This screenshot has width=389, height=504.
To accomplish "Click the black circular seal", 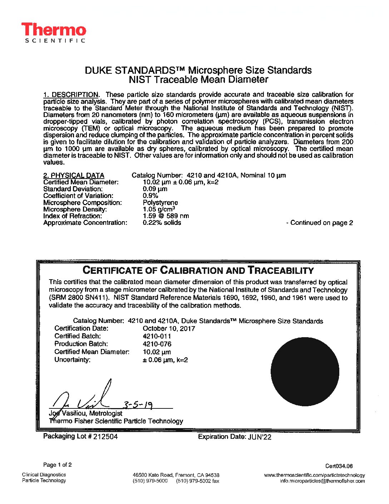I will pyautogui.click(x=305, y=372).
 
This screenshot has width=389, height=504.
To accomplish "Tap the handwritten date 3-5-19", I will pyautogui.click(x=138, y=404).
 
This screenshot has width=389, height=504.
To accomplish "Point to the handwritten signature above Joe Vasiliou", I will pyautogui.click(x=82, y=397).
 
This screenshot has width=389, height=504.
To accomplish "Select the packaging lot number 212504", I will pyautogui.click(x=105, y=436).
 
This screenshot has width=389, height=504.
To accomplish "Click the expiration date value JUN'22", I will pyautogui.click(x=260, y=437).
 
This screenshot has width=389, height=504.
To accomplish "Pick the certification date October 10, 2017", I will pyautogui.click(x=169, y=328).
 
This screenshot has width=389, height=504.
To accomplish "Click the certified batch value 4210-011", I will pyautogui.click(x=157, y=336).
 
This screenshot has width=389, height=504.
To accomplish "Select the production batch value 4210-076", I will pyautogui.click(x=157, y=344).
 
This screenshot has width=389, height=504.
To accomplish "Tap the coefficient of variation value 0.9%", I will pyautogui.click(x=150, y=195).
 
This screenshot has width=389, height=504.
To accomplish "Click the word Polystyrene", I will pyautogui.click(x=160, y=202).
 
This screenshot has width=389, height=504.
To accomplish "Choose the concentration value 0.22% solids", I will pyautogui.click(x=162, y=223).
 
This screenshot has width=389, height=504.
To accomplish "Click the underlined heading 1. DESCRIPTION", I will pyautogui.click(x=71, y=94).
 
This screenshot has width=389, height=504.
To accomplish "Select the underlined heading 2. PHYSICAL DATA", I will pyautogui.click(x=74, y=175).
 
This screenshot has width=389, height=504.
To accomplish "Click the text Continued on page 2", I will pyautogui.click(x=320, y=223).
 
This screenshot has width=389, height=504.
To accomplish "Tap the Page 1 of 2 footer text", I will pyautogui.click(x=57, y=465).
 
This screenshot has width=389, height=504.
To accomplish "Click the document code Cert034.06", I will pyautogui.click(x=339, y=466).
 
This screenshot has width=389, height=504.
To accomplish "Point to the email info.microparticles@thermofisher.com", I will pyautogui.click(x=322, y=481).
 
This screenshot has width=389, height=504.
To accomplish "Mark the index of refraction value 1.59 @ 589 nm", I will pyautogui.click(x=166, y=216).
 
